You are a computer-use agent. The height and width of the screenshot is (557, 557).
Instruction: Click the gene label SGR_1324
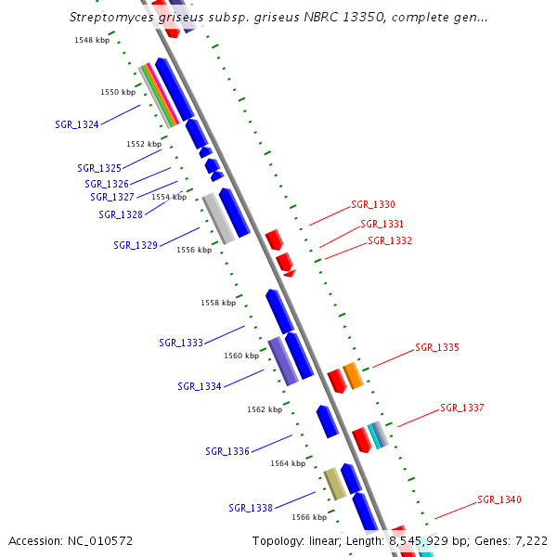77,124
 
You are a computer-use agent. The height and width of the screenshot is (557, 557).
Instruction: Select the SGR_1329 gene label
136,245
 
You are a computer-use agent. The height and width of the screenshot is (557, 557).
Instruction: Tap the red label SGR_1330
373,204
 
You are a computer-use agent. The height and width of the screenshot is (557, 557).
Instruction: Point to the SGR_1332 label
390,240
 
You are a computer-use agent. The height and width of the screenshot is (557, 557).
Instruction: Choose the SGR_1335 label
437,347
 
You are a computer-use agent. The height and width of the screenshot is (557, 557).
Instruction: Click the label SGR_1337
462,408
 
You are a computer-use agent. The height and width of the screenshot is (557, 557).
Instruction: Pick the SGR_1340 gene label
499,499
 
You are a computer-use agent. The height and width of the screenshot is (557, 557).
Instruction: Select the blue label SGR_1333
181,343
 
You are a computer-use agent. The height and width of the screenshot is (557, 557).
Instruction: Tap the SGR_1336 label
227,451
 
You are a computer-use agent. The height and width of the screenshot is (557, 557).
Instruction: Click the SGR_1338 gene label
251,508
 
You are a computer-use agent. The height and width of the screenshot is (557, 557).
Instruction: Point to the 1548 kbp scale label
92,41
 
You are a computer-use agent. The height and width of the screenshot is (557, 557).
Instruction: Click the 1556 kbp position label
194,250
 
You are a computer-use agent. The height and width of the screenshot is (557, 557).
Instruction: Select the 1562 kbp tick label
265,409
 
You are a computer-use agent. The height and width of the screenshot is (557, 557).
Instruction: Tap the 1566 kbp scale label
309,517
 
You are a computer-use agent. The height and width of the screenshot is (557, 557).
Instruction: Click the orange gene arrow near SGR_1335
353,376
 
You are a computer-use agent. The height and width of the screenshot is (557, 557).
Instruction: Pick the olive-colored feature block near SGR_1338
334,483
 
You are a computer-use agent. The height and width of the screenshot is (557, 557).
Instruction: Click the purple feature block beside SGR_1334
283,361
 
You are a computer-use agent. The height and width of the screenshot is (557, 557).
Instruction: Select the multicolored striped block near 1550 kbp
159,95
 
